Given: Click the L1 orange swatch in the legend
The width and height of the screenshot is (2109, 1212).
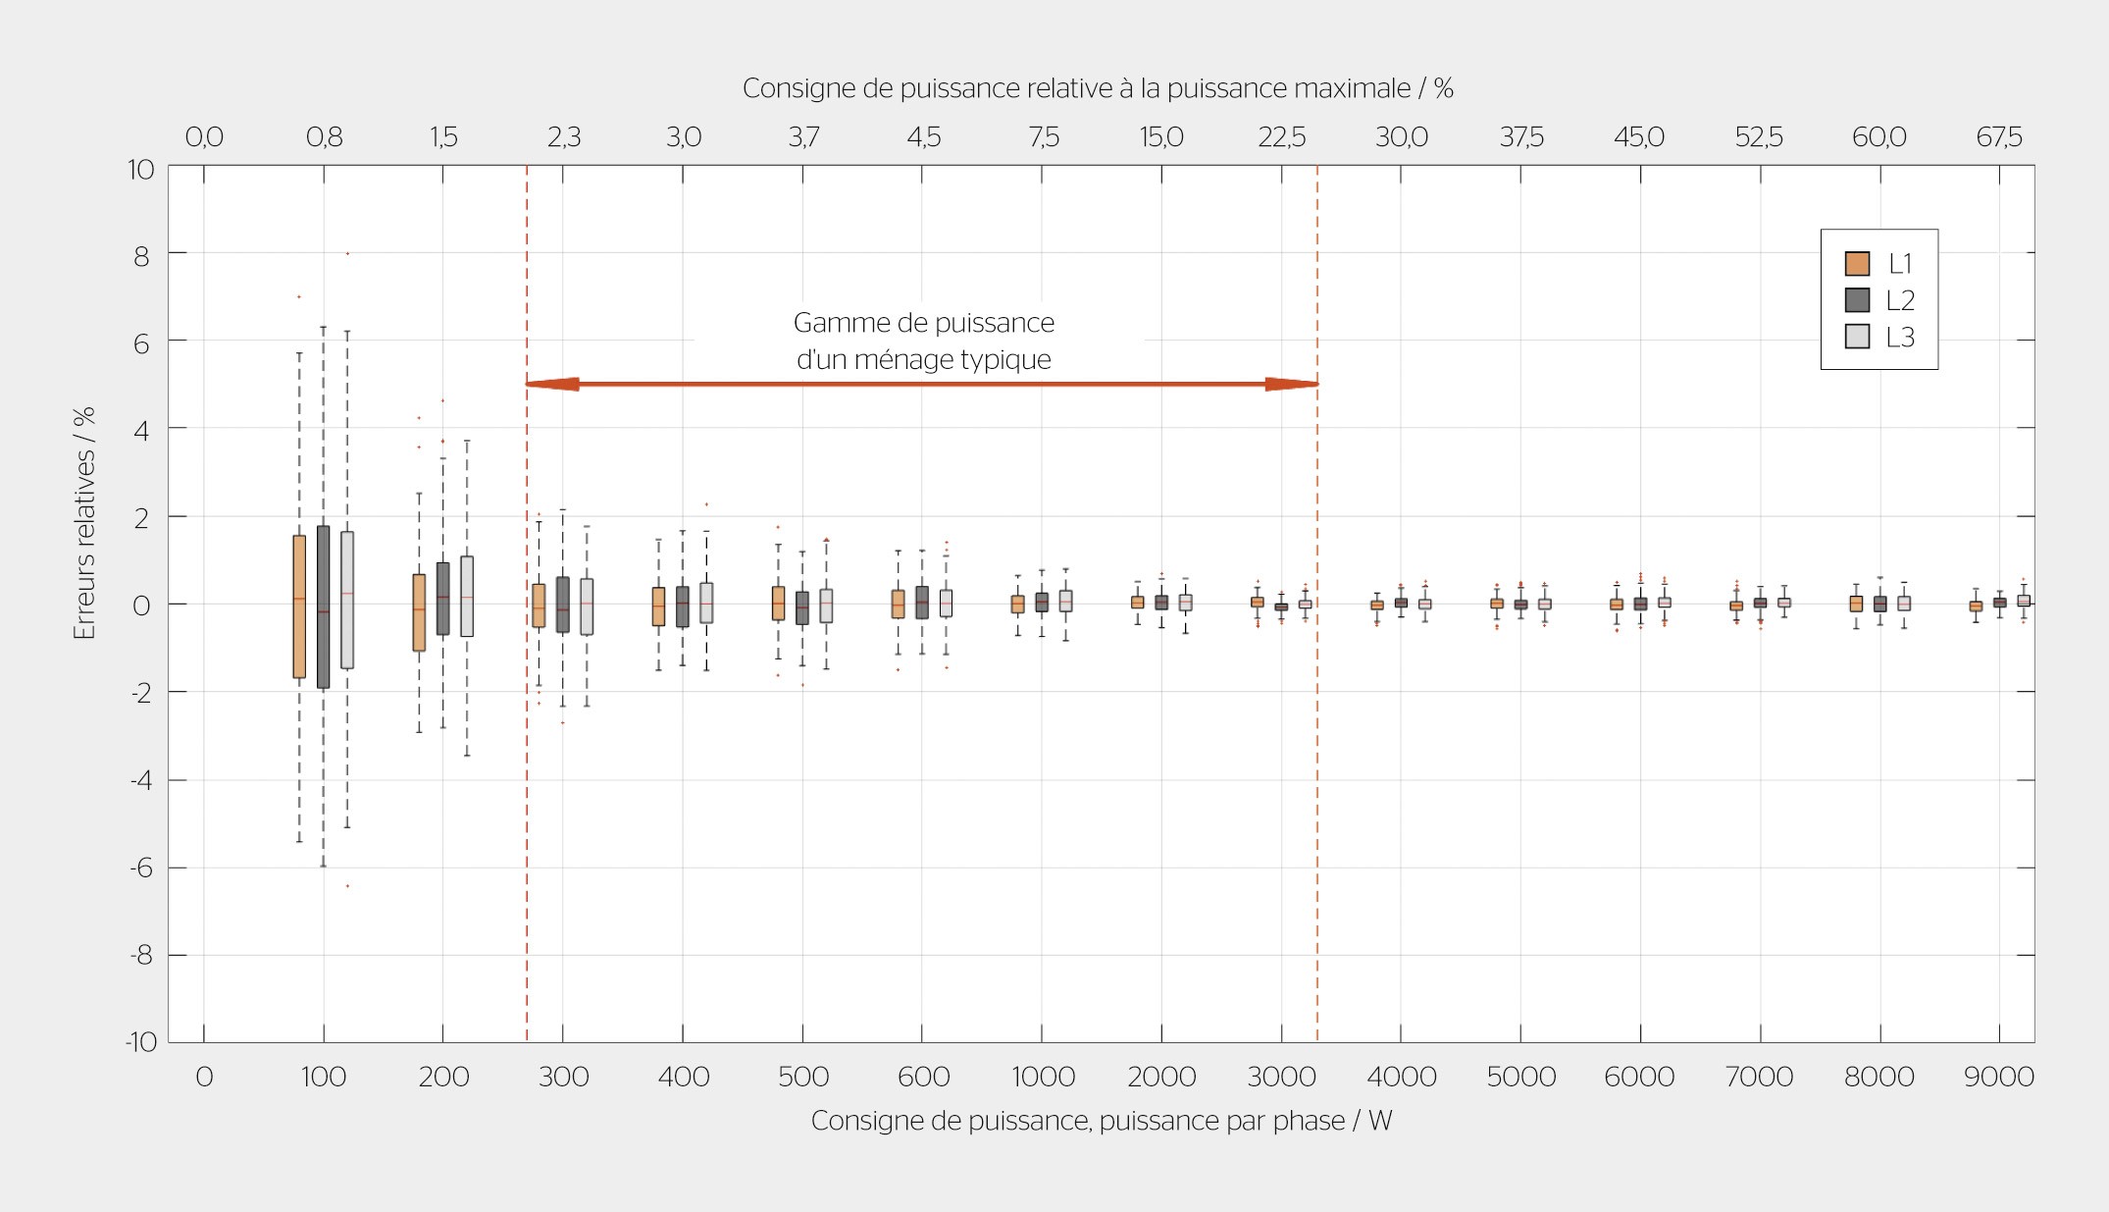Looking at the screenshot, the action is click(1857, 263).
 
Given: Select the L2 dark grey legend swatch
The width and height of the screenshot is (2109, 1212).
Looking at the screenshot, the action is click(1857, 299).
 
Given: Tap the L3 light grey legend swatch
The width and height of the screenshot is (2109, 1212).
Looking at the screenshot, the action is click(1857, 336).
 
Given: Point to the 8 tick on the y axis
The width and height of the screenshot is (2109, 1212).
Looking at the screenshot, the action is click(141, 256).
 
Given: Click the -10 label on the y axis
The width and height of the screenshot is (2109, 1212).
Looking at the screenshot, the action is click(141, 1041).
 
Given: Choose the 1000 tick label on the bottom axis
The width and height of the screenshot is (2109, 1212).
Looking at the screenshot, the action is click(1043, 1077).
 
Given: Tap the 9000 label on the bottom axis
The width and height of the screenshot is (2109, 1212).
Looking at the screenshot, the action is click(1998, 1077).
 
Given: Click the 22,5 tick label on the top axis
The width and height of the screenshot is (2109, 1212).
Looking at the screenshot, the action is click(1281, 136).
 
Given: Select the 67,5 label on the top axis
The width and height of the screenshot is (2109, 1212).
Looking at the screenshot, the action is click(1998, 136).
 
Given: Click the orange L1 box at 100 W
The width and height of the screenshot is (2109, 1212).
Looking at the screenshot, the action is click(299, 606).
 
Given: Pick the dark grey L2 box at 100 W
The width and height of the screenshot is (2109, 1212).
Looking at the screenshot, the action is click(323, 606).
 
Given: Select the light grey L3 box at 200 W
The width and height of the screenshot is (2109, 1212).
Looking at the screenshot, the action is click(467, 597).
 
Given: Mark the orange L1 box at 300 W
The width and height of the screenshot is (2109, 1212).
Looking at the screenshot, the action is click(539, 606).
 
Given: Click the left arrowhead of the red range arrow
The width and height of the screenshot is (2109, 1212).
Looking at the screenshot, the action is click(552, 384).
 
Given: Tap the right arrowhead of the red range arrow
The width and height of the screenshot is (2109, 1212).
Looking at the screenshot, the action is click(1291, 384).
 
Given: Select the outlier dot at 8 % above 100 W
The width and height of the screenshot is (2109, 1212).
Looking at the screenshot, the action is click(347, 253).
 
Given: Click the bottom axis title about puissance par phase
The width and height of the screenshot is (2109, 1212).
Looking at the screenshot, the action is click(1102, 1121).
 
